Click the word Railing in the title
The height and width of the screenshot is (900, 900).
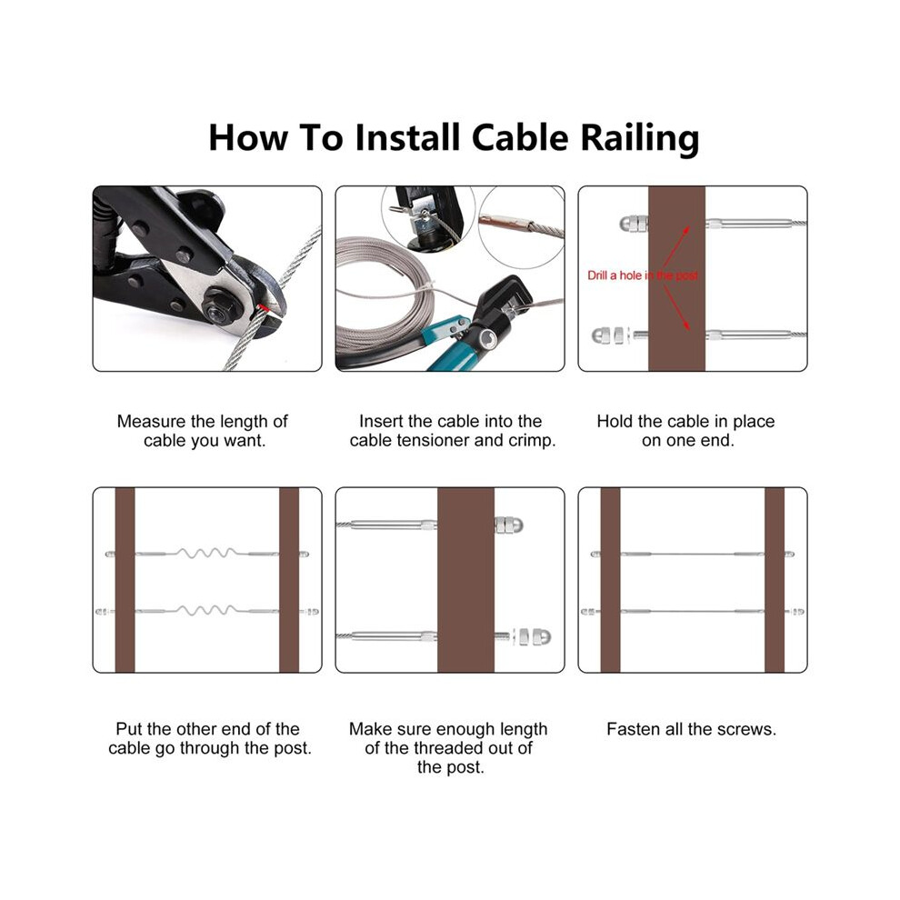[639, 138]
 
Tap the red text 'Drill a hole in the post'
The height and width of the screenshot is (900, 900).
[643, 275]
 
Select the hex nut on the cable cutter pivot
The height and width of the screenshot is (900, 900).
[220, 307]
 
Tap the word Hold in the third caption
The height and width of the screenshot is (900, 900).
[613, 421]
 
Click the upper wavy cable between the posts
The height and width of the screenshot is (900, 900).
[206, 554]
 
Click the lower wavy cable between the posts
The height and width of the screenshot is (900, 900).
[206, 610]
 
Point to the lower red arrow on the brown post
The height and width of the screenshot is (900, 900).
[676, 307]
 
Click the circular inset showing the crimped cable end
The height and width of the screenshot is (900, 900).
[521, 228]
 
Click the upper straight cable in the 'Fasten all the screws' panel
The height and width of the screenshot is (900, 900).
[692, 554]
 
